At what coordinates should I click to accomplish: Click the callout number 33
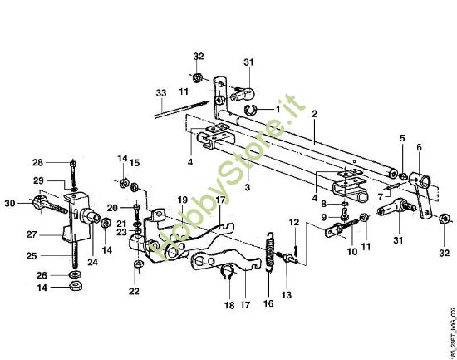tap(161, 93)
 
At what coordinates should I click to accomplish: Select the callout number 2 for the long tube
tap(314, 114)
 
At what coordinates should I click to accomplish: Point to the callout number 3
tap(248, 187)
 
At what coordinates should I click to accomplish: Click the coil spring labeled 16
tap(271, 252)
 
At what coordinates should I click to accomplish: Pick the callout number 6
tap(419, 147)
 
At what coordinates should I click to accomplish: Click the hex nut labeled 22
tap(138, 264)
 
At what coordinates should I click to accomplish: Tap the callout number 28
tap(37, 162)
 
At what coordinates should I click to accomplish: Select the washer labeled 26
tap(75, 274)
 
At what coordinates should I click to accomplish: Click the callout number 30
tap(10, 203)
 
